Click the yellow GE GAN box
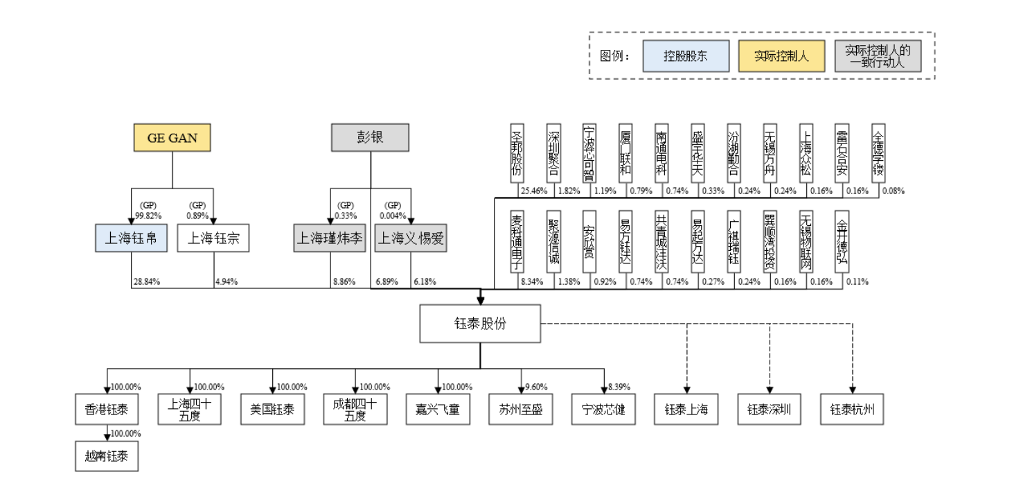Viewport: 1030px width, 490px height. (x=172, y=137)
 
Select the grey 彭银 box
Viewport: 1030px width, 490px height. (x=370, y=137)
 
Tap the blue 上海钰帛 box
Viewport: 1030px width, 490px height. (x=131, y=239)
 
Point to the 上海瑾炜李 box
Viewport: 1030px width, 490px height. (x=329, y=239)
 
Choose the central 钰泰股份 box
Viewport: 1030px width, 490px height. (x=480, y=324)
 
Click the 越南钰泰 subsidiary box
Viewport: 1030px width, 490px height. (x=107, y=457)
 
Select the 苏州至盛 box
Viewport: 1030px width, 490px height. (x=521, y=410)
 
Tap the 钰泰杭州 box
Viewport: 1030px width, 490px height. (x=852, y=410)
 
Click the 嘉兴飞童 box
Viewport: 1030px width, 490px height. (x=438, y=410)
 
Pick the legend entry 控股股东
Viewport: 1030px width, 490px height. (x=685, y=56)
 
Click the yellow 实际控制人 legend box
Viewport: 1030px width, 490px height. (x=781, y=56)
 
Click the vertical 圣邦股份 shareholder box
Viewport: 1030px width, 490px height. (x=516, y=154)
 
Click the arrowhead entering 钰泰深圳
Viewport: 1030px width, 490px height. (x=770, y=390)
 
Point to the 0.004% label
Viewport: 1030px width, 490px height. (x=393, y=214)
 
